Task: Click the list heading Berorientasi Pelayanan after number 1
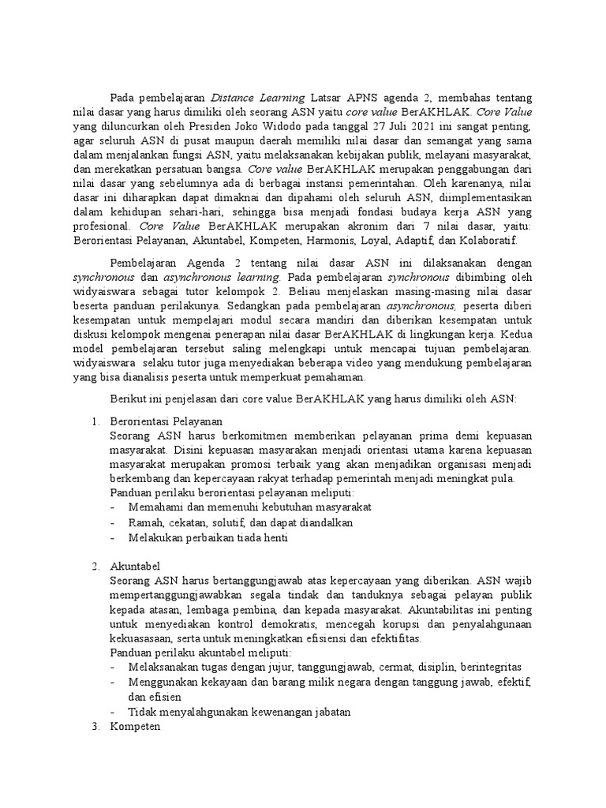point(166,421)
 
